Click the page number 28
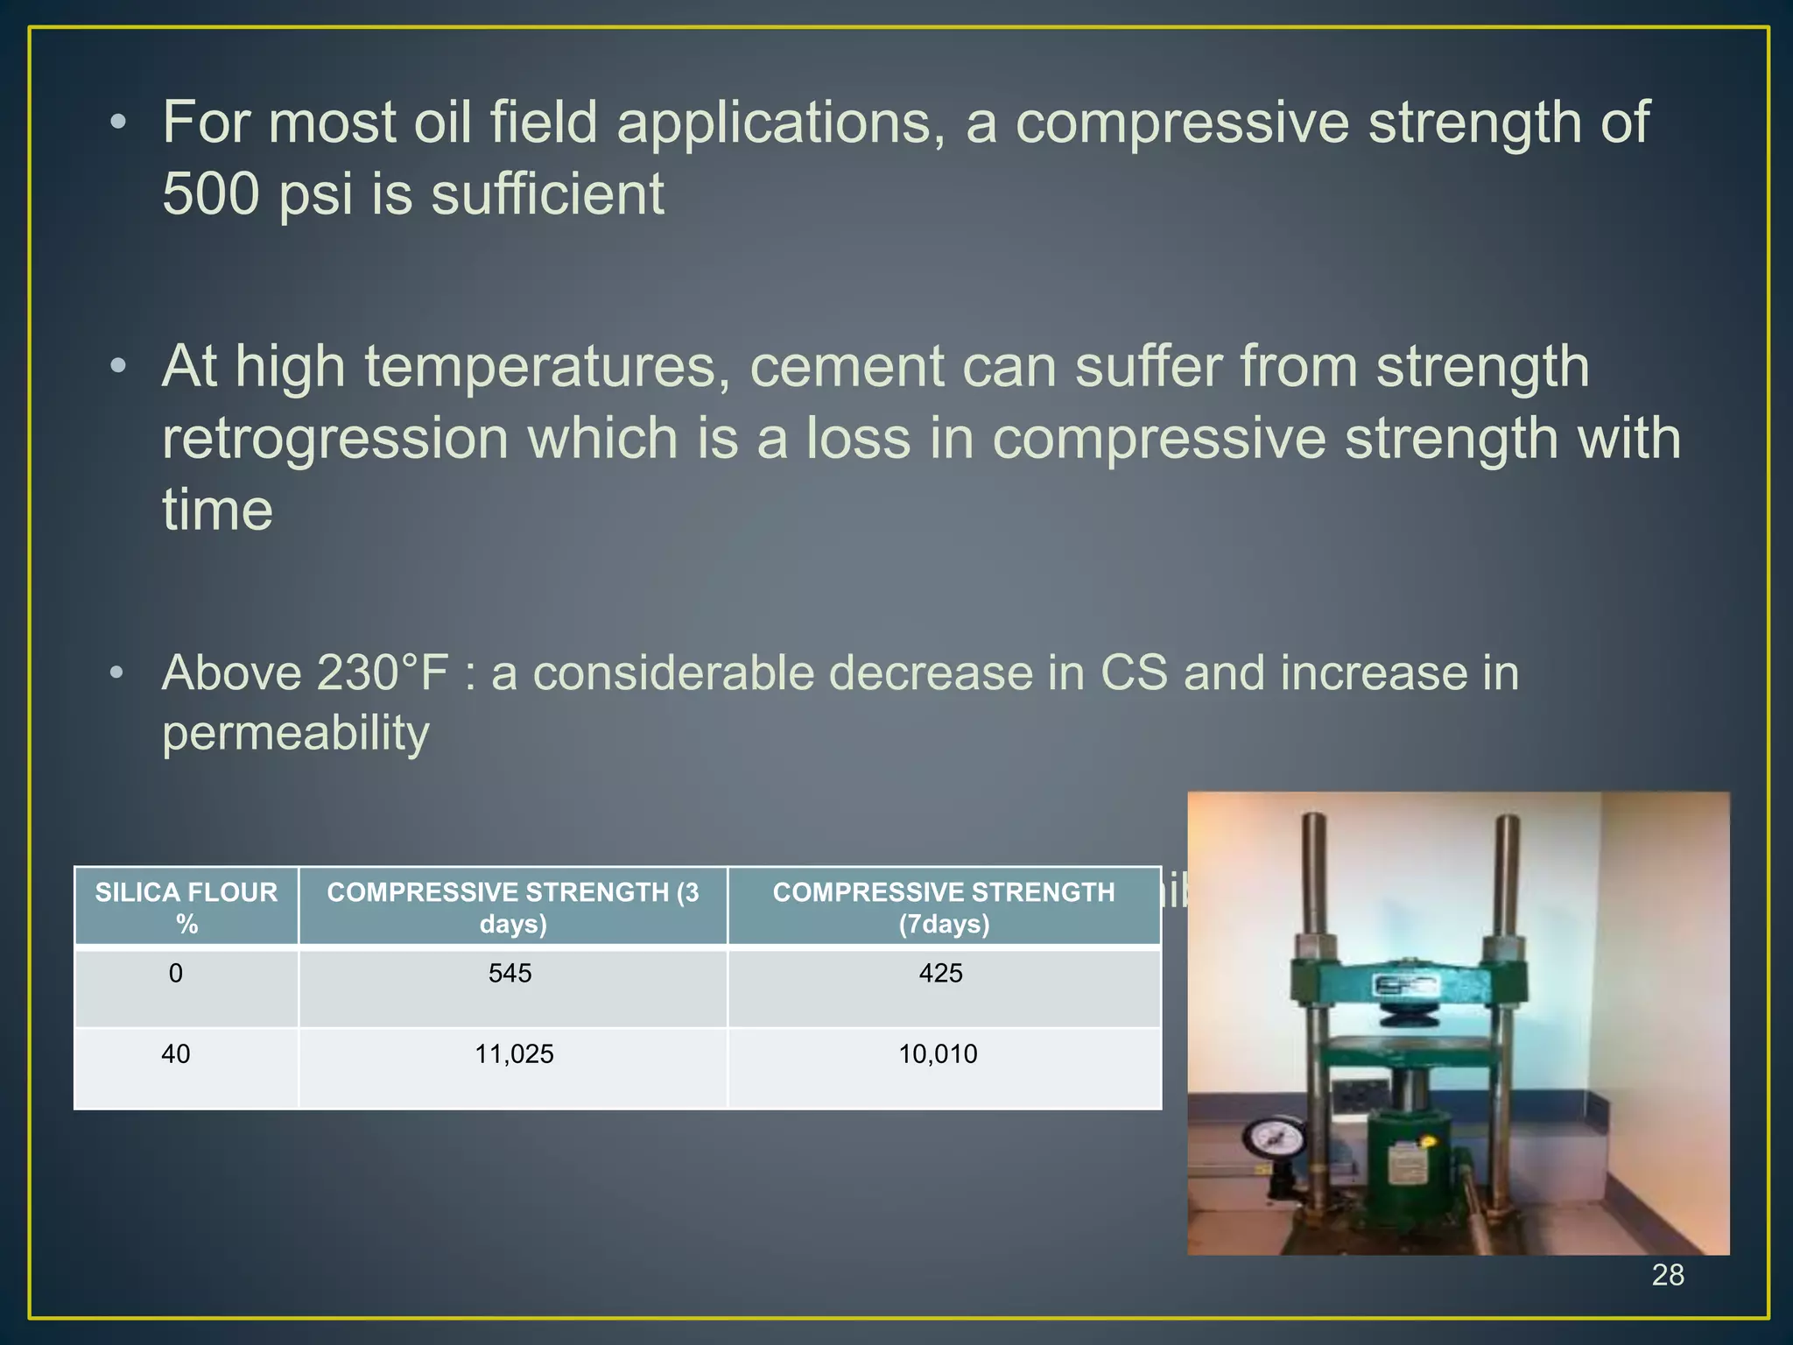click(x=1667, y=1275)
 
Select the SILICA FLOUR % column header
click(x=186, y=907)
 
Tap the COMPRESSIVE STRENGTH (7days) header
click(x=944, y=907)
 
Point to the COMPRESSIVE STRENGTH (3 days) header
click(x=513, y=907)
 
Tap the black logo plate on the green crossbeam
click(x=1405, y=986)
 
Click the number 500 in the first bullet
click(x=211, y=194)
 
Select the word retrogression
click(x=335, y=438)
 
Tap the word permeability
click(x=296, y=732)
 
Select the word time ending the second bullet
click(x=217, y=510)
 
